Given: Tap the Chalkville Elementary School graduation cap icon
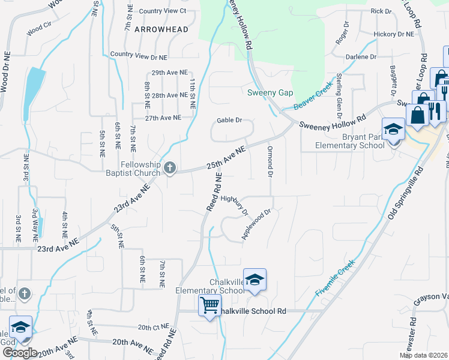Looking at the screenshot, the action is pyautogui.click(x=255, y=280).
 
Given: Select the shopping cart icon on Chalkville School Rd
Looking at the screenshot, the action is pyautogui.click(x=209, y=305).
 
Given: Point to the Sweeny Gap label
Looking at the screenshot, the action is pyautogui.click(x=270, y=92).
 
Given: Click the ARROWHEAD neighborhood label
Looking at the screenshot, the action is pyautogui.click(x=161, y=29).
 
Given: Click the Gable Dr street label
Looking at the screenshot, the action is pyautogui.click(x=229, y=120).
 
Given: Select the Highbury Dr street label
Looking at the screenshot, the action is pyautogui.click(x=235, y=205).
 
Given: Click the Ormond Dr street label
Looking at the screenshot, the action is pyautogui.click(x=270, y=160).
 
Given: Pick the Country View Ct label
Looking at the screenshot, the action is pyautogui.click(x=162, y=11).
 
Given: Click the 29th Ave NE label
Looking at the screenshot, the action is pyautogui.click(x=166, y=73).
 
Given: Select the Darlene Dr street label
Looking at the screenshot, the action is pyautogui.click(x=361, y=57).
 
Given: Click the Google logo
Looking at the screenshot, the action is pyautogui.click(x=20, y=353).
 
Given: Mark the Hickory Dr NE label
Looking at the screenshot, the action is pyautogui.click(x=393, y=34).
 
